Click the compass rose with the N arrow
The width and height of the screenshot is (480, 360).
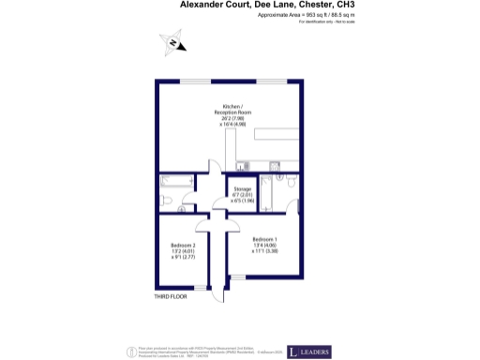[174, 40]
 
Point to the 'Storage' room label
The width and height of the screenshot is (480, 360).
[243, 189]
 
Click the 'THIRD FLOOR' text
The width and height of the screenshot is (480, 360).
[171, 296]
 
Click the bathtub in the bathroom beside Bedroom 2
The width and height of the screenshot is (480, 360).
[176, 182]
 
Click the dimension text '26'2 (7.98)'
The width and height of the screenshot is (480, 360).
[232, 119]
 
